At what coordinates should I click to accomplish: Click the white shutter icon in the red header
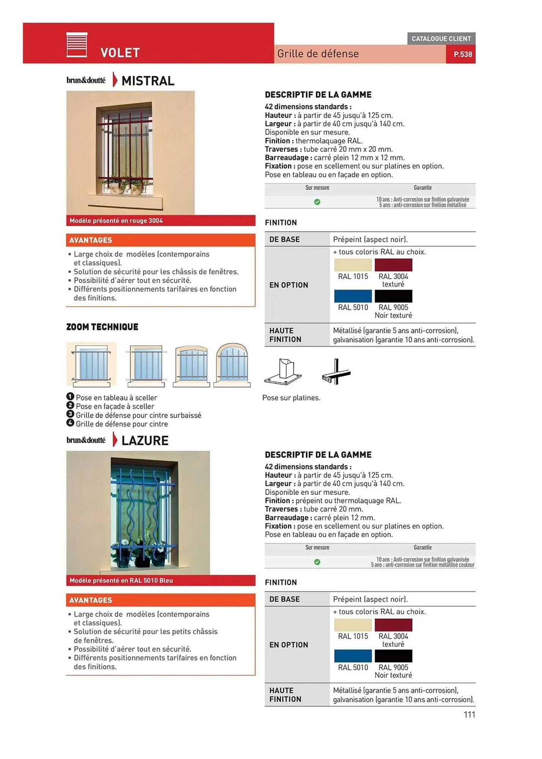(x=77, y=45)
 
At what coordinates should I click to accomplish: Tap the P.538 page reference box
(x=462, y=54)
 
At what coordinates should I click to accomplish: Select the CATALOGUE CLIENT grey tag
(x=441, y=39)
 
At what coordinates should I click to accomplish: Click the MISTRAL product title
(x=148, y=81)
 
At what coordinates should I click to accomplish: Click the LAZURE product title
(x=145, y=441)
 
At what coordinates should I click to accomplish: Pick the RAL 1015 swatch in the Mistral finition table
(x=353, y=265)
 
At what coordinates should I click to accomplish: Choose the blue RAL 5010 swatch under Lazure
(x=353, y=656)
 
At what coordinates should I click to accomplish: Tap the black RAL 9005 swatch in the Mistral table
(x=393, y=296)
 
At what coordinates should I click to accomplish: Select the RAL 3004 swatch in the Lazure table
(x=393, y=625)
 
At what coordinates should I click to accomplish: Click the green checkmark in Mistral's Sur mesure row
(x=317, y=202)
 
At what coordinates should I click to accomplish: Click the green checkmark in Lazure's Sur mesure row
(x=317, y=562)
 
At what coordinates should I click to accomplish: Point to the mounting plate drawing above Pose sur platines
(x=283, y=372)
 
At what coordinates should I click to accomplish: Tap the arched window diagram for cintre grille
(x=232, y=365)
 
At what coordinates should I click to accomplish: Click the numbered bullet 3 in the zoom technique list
(x=70, y=414)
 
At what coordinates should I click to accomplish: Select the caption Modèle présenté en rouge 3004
(x=116, y=221)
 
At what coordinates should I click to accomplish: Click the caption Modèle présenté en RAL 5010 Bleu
(x=121, y=581)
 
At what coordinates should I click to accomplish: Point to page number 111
(x=469, y=715)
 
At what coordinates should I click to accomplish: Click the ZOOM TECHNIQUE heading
(x=102, y=327)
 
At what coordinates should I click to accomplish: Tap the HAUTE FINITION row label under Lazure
(x=285, y=695)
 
